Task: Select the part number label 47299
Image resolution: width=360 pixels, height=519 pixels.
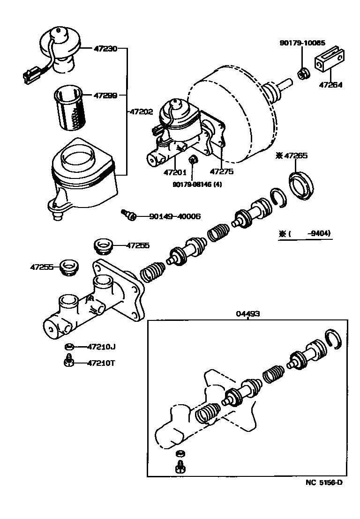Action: click(105, 95)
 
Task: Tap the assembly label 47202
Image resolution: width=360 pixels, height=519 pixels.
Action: click(141, 112)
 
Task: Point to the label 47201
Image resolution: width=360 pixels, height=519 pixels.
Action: click(175, 172)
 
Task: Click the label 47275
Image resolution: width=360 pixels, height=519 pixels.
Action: click(221, 172)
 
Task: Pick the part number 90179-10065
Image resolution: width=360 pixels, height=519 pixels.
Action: click(302, 43)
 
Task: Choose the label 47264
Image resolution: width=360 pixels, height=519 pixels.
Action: click(330, 85)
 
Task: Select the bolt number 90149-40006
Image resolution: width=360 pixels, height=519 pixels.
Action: click(175, 216)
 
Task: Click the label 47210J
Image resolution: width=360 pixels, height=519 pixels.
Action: click(101, 347)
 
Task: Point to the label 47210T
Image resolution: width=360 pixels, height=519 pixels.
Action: click(102, 363)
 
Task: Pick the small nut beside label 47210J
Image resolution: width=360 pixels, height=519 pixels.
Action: click(68, 347)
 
